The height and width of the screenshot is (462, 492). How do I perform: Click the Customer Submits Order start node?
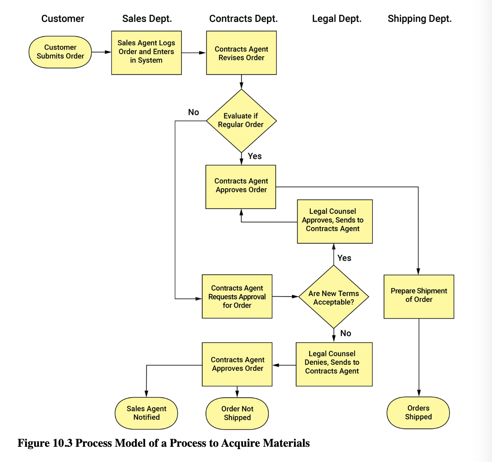(x=60, y=52)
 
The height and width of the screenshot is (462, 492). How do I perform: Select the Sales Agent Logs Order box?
(x=146, y=53)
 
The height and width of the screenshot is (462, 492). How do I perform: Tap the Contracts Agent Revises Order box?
(x=241, y=53)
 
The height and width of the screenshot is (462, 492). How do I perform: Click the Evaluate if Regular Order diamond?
(x=241, y=121)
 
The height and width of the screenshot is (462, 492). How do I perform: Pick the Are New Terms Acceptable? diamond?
(x=334, y=297)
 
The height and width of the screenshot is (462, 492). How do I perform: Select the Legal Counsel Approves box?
(x=335, y=221)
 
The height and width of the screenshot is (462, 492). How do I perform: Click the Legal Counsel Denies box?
(x=334, y=364)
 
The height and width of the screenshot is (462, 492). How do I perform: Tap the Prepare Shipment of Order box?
(x=419, y=297)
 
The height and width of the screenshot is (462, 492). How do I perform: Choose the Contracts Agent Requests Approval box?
(x=237, y=297)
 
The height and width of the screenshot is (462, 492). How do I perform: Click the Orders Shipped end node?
(x=418, y=413)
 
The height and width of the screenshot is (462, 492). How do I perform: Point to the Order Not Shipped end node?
(x=237, y=414)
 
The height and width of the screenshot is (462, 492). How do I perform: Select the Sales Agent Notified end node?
(x=146, y=413)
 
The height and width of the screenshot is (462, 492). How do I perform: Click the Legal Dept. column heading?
(x=337, y=19)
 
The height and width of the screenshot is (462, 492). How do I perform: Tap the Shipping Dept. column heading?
(x=420, y=19)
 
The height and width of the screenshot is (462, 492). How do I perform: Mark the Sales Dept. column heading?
(x=147, y=19)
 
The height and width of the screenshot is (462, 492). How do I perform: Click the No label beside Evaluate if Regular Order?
(x=193, y=112)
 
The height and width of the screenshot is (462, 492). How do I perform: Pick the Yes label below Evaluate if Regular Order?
(x=255, y=156)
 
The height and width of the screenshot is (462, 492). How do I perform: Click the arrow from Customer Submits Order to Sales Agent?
(x=101, y=52)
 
